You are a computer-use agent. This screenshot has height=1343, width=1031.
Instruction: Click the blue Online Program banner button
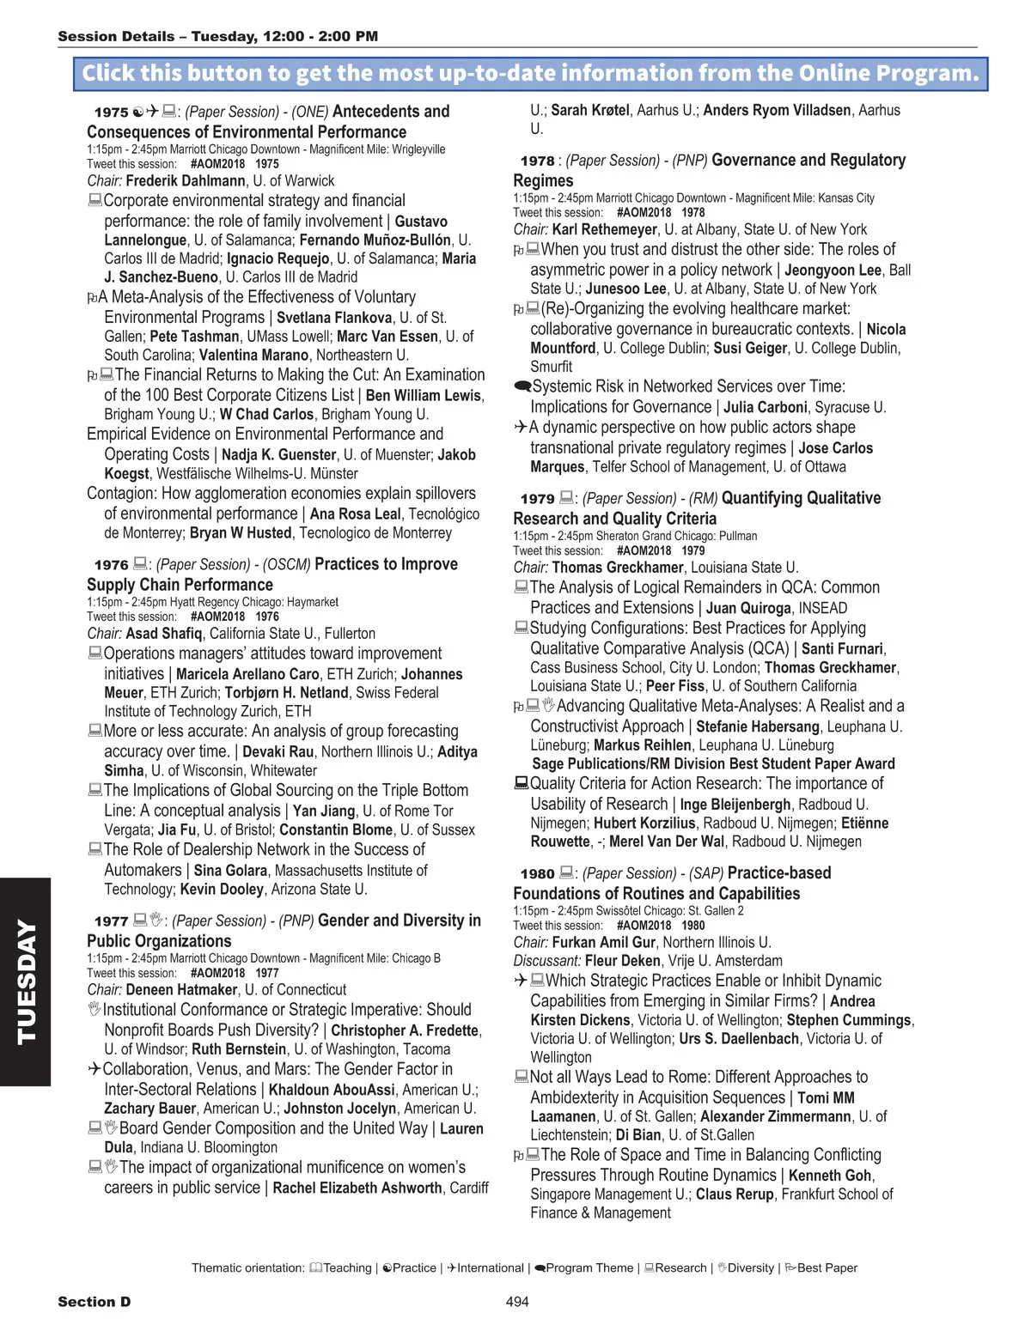pyautogui.click(x=530, y=74)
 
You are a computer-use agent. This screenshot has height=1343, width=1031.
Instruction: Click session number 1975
pyautogui.click(x=111, y=112)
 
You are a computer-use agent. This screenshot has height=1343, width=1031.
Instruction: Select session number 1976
pyautogui.click(x=111, y=565)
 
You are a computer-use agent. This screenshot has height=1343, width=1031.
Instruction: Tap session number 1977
pyautogui.click(x=111, y=921)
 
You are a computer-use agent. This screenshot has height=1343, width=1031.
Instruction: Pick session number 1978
pyautogui.click(x=537, y=161)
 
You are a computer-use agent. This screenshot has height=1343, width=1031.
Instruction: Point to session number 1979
pyautogui.click(x=537, y=499)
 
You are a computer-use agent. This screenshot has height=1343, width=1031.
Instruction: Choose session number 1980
pyautogui.click(x=537, y=874)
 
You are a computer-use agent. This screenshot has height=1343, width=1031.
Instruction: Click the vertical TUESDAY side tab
pyautogui.click(x=26, y=981)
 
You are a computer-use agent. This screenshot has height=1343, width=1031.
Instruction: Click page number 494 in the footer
pyautogui.click(x=517, y=1302)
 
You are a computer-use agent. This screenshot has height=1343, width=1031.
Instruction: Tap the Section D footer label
pyautogui.click(x=95, y=1302)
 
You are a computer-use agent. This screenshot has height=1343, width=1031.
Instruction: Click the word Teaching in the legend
pyautogui.click(x=347, y=1268)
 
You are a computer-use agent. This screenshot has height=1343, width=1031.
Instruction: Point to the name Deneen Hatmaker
pyautogui.click(x=181, y=990)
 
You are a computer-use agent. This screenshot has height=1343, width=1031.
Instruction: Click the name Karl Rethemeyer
pyautogui.click(x=604, y=230)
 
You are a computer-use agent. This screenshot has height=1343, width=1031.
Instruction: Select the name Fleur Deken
pyautogui.click(x=622, y=961)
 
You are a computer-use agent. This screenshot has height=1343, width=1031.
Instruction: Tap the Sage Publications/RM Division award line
pyautogui.click(x=713, y=764)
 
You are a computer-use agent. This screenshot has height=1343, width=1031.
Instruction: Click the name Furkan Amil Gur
pyautogui.click(x=603, y=942)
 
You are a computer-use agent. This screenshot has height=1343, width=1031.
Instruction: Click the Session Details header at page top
pyautogui.click(x=217, y=36)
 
